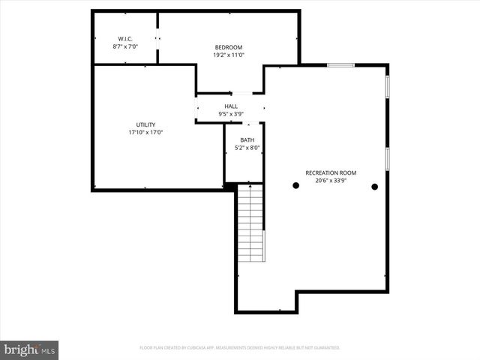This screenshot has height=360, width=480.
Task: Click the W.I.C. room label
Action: pyautogui.click(x=124, y=38)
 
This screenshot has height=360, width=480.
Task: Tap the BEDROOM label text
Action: pyautogui.click(x=229, y=47)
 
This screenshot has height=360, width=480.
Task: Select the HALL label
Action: pyautogui.click(x=230, y=106)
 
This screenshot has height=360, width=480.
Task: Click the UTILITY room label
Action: pyautogui.click(x=145, y=124)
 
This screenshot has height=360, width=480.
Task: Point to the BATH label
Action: pyautogui.click(x=247, y=140)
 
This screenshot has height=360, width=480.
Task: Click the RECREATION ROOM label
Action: pyautogui.click(x=331, y=172)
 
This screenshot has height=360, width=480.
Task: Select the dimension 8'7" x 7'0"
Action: pyautogui.click(x=124, y=46)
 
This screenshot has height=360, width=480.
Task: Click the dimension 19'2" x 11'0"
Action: pyautogui.click(x=229, y=55)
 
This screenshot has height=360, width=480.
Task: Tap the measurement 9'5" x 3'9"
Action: pyautogui.click(x=230, y=114)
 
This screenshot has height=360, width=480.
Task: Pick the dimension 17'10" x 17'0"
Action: pyautogui.click(x=145, y=133)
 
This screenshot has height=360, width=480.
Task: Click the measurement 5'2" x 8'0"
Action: pyautogui.click(x=247, y=148)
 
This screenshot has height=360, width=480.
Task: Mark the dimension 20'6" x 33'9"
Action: pyautogui.click(x=331, y=181)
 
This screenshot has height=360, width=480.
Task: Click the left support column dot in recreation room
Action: pyautogui.click(x=295, y=186)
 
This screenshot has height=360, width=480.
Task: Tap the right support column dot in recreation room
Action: pyautogui.click(x=374, y=186)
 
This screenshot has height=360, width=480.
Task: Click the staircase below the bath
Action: pyautogui.click(x=250, y=225)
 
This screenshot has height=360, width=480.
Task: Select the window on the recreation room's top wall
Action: pyautogui.click(x=340, y=65)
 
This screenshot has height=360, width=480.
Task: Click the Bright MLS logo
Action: pyautogui.click(x=29, y=349)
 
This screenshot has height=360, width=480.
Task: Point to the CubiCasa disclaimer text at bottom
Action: pyautogui.click(x=240, y=348)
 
